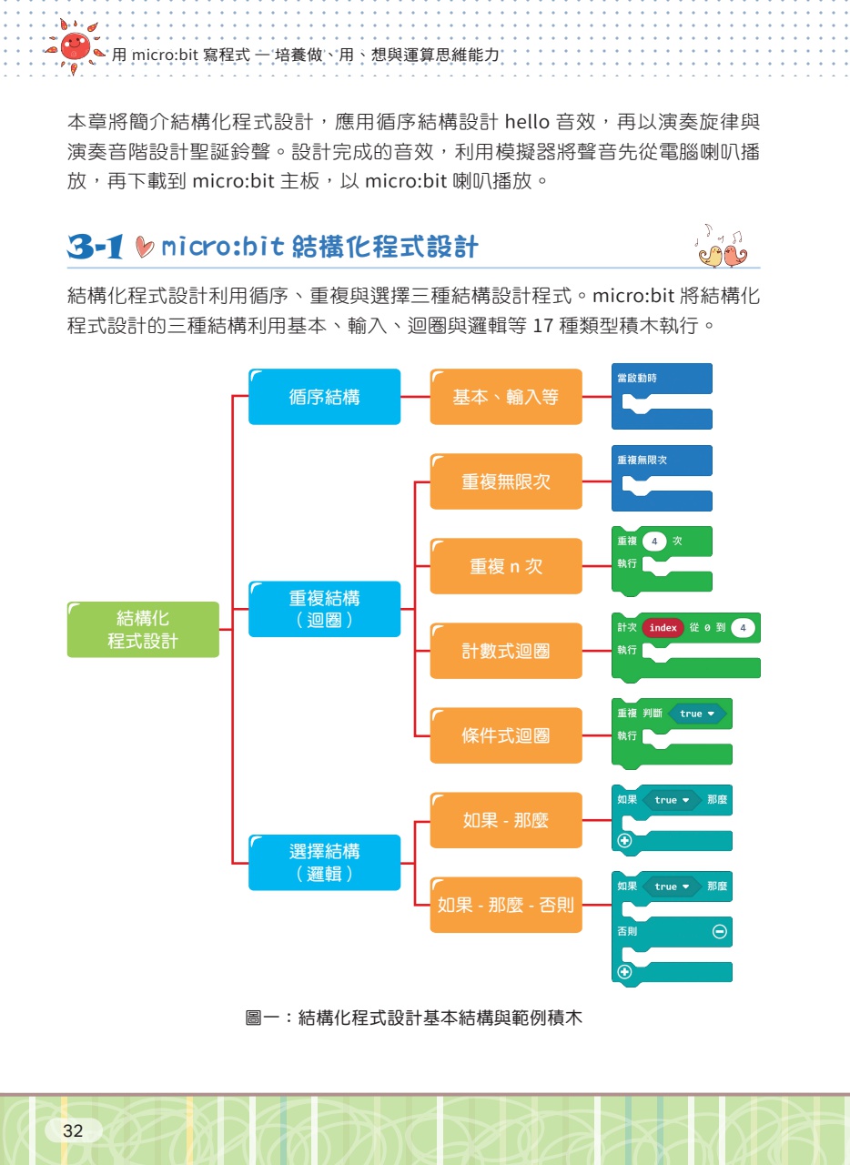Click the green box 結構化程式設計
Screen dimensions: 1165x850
[143, 630]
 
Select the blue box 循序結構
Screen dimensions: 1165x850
[324, 397]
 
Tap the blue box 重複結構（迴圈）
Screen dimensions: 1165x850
[324, 609]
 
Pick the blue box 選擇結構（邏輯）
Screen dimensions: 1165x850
[324, 862]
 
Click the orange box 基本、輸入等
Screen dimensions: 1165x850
[505, 397]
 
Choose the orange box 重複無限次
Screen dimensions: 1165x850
[505, 481]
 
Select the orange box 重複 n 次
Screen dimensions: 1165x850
[505, 566]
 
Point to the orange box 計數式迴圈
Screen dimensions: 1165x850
[505, 651]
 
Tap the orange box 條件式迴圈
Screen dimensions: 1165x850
[505, 735]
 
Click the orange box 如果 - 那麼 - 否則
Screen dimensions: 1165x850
[505, 905]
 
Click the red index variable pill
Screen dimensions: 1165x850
[663, 628]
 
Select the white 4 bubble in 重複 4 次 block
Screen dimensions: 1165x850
[654, 542]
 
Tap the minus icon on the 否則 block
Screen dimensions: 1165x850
[719, 932]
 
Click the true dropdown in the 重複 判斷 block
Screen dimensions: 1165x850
[696, 714]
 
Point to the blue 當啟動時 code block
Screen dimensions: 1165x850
[662, 397]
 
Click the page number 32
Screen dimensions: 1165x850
[73, 1131]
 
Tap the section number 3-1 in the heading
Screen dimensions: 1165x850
[95, 248]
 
